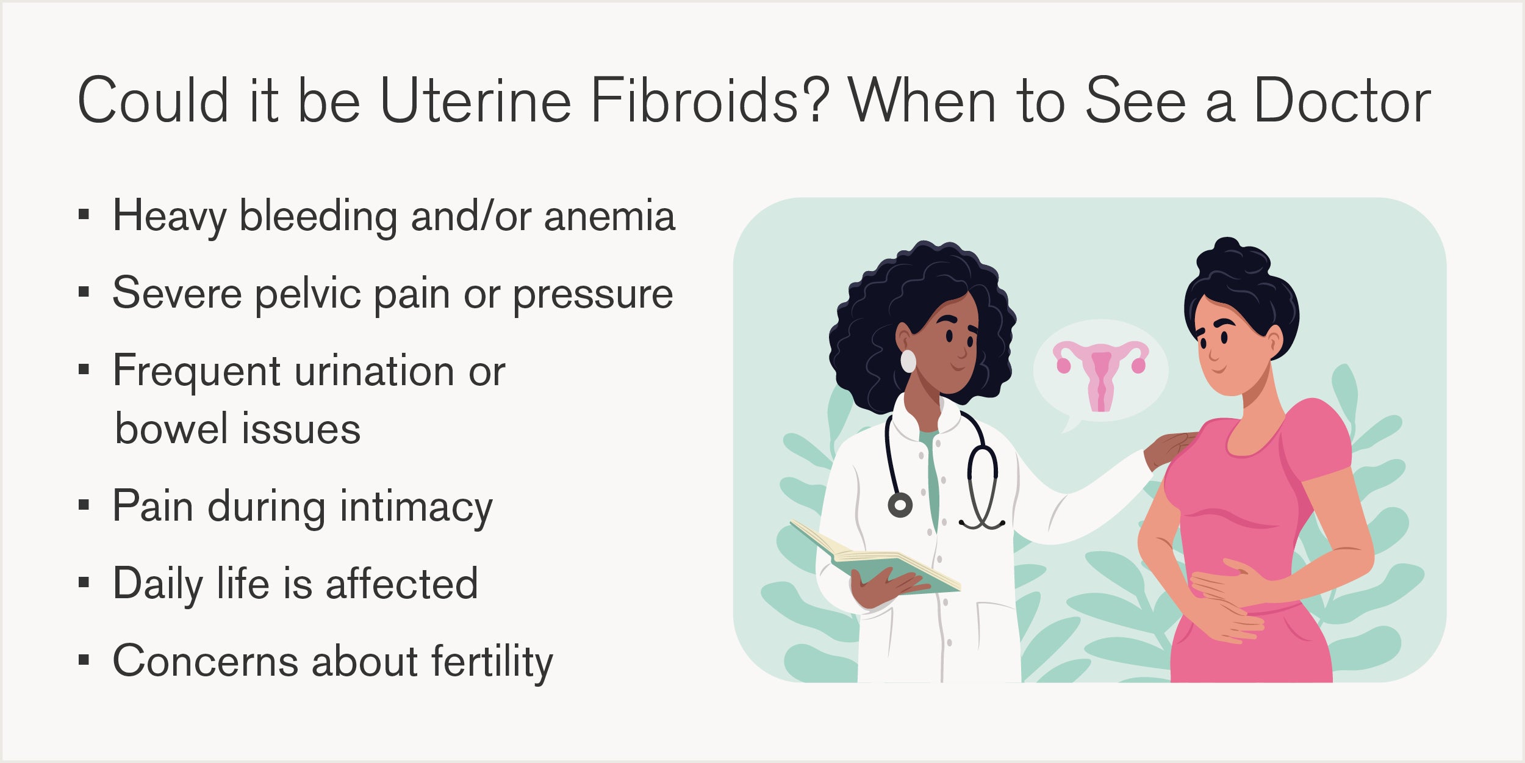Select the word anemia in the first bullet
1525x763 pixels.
pos(609,216)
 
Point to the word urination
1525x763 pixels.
pos(375,371)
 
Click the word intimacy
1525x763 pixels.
pos(416,508)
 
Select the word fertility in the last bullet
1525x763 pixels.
pos(492,662)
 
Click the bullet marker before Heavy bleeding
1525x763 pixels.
pos(84,214)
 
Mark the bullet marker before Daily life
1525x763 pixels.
pos(84,582)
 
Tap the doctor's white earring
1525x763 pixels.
pos(908,361)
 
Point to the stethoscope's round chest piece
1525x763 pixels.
pos(900,505)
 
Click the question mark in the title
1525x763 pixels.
pos(815,99)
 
